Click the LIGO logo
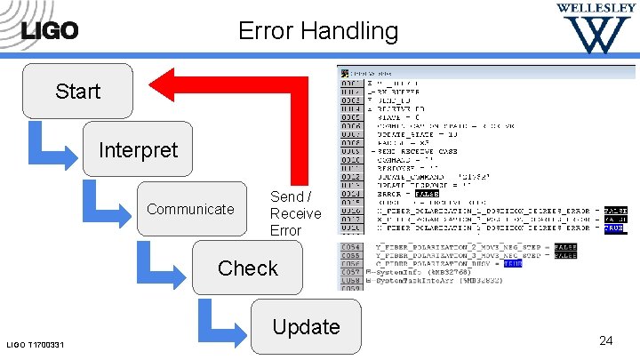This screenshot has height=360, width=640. pyautogui.click(x=50, y=30)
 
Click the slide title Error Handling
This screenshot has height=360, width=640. pyautogui.click(x=318, y=32)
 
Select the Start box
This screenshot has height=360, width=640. pyautogui.click(x=78, y=91)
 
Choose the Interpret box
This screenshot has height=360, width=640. pyautogui.click(x=138, y=149)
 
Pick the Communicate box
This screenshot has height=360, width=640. pyautogui.click(x=190, y=210)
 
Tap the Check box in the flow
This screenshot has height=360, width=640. pyautogui.click(x=248, y=268)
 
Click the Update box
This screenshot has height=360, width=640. pyautogui.click(x=306, y=327)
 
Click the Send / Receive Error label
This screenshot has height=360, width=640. pyautogui.click(x=295, y=213)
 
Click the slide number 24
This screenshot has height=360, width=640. pyautogui.click(x=605, y=340)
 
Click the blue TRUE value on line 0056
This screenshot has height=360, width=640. pyautogui.click(x=513, y=263)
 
